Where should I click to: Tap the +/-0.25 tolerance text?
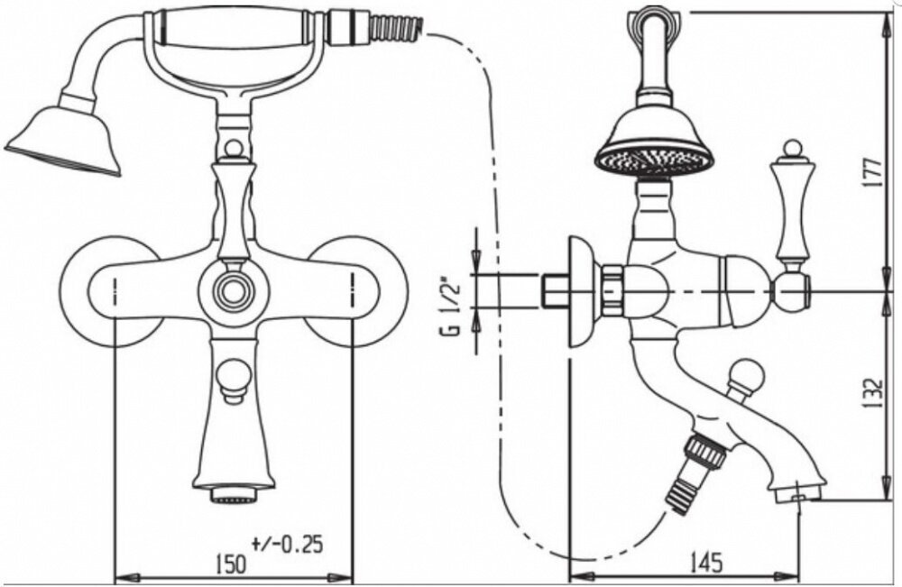coord(287,544)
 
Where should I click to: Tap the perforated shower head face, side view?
coord(654,161)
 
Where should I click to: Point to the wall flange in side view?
coord(581,290)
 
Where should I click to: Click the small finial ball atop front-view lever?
coord(232,148)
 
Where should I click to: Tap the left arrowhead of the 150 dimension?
coord(120,575)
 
